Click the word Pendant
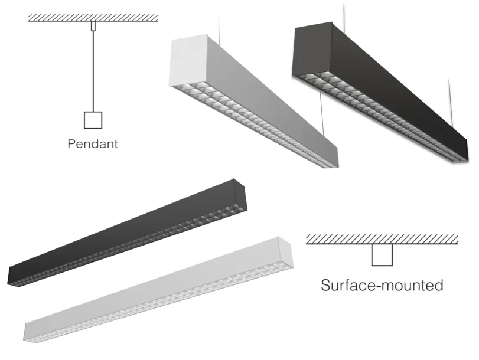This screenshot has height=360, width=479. (93, 144)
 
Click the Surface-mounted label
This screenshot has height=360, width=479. (382, 285)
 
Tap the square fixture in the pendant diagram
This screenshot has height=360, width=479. (93, 120)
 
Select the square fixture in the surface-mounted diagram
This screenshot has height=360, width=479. (382, 255)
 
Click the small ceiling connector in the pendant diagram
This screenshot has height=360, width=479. (93, 26)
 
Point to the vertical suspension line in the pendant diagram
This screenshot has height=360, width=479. (93, 71)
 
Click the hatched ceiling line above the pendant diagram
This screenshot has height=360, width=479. (93, 18)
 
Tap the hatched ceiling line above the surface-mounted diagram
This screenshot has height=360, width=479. (382, 240)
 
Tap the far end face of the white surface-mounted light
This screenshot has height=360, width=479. (285, 251)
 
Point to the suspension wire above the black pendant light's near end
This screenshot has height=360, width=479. (344, 17)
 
